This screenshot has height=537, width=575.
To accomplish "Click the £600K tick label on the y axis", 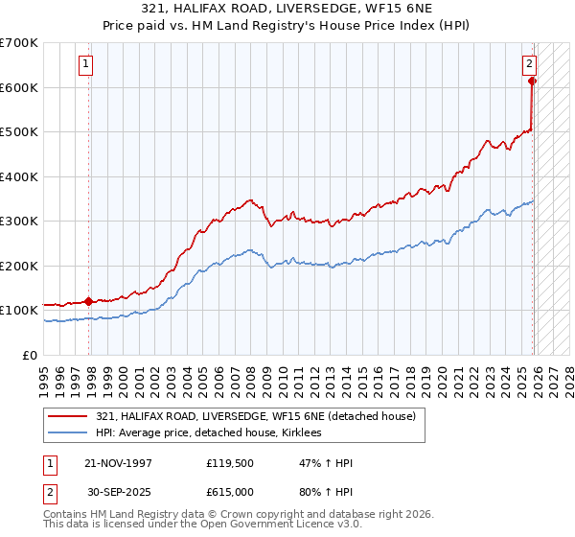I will pos(19,87).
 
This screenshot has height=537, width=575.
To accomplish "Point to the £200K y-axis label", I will pos(19,266).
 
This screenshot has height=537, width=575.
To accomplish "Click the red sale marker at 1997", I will pos(89,301).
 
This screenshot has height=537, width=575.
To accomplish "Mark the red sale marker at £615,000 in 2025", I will pos(533,81).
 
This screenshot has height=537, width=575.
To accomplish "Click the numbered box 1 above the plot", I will pos(85,64).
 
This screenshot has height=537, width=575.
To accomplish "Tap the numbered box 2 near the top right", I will pos(528,64).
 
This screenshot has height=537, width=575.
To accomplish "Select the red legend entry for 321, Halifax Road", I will pos(255,416).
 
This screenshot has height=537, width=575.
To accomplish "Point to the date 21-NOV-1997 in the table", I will pos(118,463).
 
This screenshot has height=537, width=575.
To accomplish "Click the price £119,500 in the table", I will pos(228,463).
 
